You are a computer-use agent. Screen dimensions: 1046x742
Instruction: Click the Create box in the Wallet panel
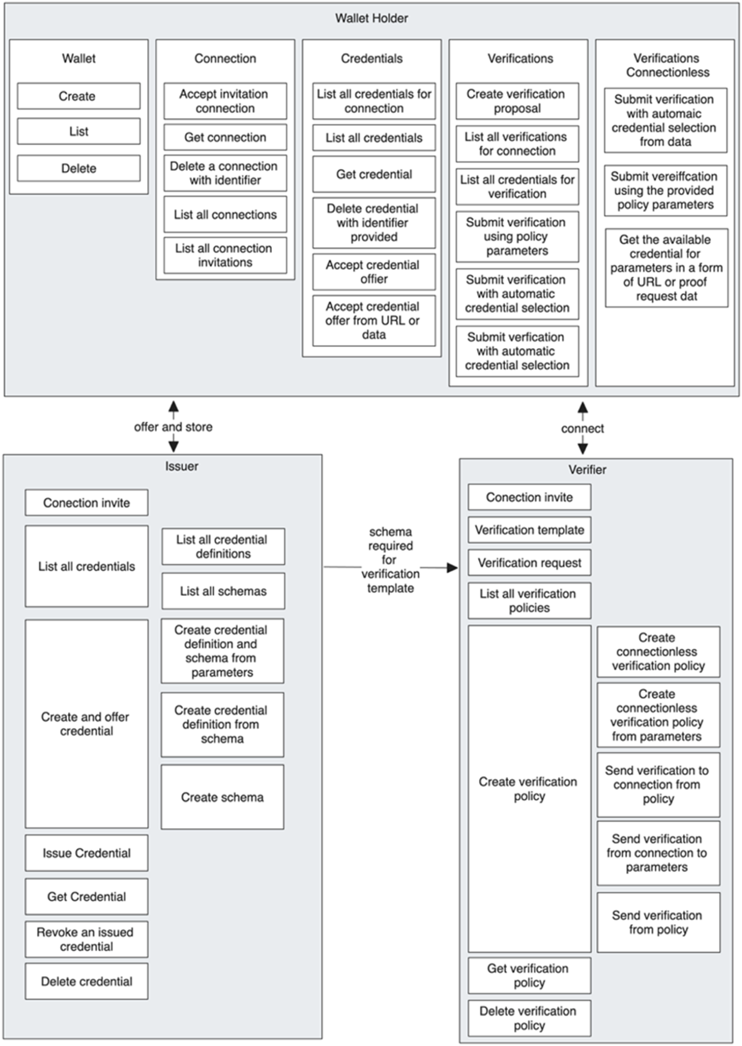click(79, 96)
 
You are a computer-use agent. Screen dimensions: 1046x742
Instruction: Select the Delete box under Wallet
click(79, 168)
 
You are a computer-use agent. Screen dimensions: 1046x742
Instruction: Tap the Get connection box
click(225, 137)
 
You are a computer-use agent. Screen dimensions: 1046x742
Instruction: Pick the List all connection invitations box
click(225, 255)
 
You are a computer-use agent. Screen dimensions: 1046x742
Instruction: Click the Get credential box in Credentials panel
click(374, 174)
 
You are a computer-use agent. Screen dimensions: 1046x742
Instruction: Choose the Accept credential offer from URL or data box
click(374, 320)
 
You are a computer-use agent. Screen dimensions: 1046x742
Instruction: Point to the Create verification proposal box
click(517, 101)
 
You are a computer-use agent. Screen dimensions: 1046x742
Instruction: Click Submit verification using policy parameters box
click(517, 236)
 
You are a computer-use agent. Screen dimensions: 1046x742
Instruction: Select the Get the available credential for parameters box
click(666, 268)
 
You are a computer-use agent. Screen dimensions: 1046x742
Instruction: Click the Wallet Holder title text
click(371, 18)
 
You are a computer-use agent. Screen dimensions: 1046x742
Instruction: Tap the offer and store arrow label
click(173, 427)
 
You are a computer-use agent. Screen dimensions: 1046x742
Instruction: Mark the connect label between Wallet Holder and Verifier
click(582, 428)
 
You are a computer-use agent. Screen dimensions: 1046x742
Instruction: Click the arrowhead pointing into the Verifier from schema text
click(452, 568)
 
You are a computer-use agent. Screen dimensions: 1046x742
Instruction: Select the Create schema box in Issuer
click(222, 797)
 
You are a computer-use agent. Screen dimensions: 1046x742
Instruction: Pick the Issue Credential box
click(86, 853)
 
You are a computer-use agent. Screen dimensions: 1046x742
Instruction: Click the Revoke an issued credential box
click(86, 939)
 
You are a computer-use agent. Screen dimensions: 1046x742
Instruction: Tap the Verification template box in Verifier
click(529, 530)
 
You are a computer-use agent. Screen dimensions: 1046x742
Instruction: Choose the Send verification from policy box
click(658, 922)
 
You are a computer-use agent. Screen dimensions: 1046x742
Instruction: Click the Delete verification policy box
click(529, 1018)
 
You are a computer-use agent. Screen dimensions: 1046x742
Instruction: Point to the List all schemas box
click(223, 591)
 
